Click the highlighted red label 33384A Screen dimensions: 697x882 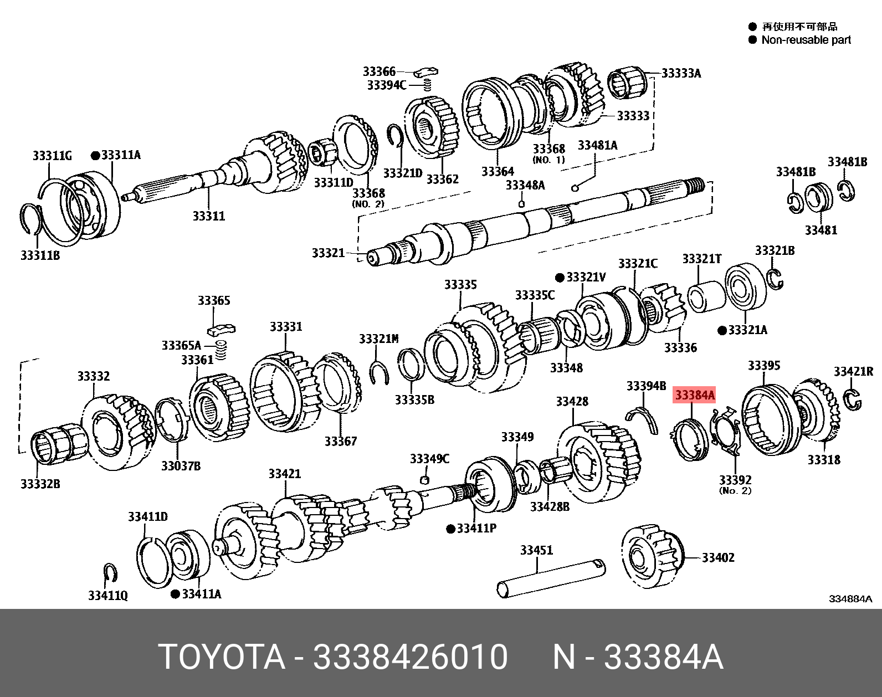[x=694, y=396]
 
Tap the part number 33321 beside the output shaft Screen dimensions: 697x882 [x=328, y=253]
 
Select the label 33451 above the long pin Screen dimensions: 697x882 [x=536, y=550]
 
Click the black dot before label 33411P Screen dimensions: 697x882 [x=451, y=529]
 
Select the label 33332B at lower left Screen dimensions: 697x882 [x=40, y=484]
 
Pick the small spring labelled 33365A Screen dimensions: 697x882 [x=222, y=350]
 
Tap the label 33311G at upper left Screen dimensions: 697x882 [x=52, y=156]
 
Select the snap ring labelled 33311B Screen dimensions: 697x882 [x=33, y=222]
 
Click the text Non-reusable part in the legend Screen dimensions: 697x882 [x=806, y=40]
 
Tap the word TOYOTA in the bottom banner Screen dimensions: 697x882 [x=222, y=657]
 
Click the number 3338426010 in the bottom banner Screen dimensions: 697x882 [x=410, y=657]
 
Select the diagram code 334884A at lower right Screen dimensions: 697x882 [x=850, y=599]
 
